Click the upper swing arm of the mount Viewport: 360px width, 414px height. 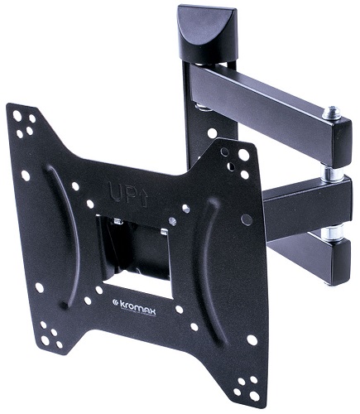pyautogui.click(x=265, y=95)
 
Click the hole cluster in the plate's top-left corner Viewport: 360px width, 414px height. pyautogui.click(x=26, y=123)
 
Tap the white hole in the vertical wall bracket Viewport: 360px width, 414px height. pyautogui.click(x=213, y=132)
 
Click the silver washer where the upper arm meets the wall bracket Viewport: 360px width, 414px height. pyautogui.click(x=200, y=105)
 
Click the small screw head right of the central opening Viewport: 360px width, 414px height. pyautogui.click(x=173, y=221)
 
